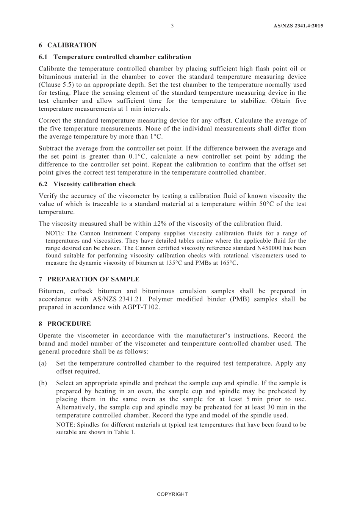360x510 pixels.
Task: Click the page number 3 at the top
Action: click(172, 26)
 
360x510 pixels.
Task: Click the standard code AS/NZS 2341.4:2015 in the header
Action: click(298, 26)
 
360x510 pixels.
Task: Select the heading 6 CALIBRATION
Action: click(67, 45)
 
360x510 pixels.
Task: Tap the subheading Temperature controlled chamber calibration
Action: click(122, 57)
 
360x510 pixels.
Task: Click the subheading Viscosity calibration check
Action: click(94, 184)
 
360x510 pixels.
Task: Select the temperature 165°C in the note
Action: click(229, 263)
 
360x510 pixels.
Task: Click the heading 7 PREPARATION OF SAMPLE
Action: click(89, 279)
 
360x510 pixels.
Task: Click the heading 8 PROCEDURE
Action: click(65, 324)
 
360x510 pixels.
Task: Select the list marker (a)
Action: click(43, 363)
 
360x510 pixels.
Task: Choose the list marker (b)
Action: click(43, 383)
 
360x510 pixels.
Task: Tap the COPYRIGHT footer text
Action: click(172, 494)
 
